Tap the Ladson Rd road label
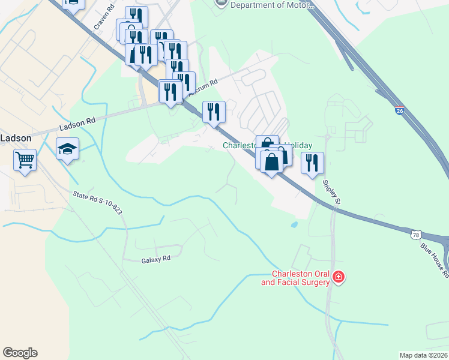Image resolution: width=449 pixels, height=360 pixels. [x=77, y=124]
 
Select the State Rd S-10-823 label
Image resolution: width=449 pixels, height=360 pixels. [x=97, y=202]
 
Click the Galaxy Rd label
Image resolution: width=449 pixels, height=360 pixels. [x=156, y=259]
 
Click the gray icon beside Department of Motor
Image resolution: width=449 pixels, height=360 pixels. [x=220, y=4]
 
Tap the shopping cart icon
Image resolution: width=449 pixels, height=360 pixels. [x=25, y=160]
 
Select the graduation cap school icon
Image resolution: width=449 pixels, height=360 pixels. [x=67, y=149]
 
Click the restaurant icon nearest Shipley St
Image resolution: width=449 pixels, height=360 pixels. [x=312, y=163]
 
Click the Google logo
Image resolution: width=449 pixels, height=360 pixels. [x=20, y=353]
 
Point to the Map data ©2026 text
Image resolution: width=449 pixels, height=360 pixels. [x=423, y=355]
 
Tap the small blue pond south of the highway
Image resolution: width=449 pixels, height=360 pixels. [x=294, y=226]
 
